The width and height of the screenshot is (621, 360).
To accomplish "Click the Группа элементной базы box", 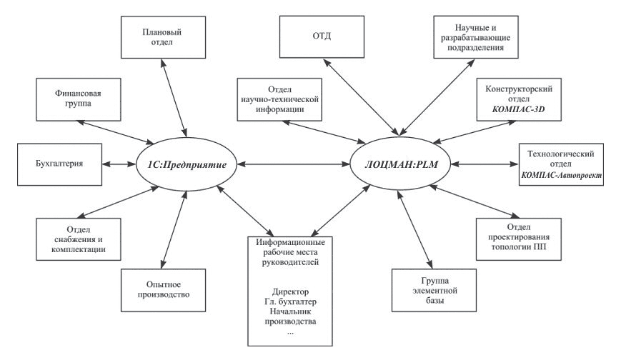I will (425, 290).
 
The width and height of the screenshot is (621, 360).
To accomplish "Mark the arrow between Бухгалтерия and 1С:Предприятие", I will (121, 164).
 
